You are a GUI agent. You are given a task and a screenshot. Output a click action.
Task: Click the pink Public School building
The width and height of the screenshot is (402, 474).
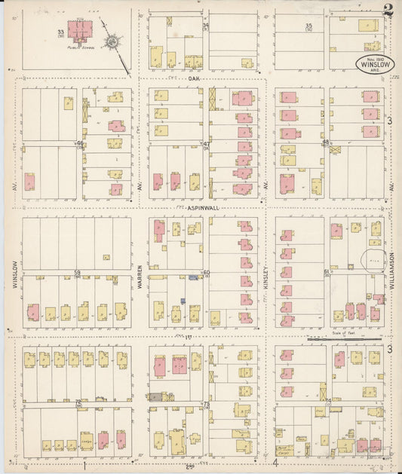coord(80,30)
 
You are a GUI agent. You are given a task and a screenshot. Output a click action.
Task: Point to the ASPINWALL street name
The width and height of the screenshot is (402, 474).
coord(200,206)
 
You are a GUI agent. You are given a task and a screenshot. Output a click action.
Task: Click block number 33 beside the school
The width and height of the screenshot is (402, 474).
coord(60,32)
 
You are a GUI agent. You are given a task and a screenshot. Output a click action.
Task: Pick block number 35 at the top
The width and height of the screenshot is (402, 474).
coord(308,27)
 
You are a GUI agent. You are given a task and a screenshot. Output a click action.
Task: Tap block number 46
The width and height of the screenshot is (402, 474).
coord(78,143)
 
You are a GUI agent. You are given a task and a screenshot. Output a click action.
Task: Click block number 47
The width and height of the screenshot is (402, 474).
coord(206,143)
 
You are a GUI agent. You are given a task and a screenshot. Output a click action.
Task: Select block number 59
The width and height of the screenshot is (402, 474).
coord(77,272)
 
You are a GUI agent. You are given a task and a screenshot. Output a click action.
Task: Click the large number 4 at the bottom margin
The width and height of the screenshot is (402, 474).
coord(276,462)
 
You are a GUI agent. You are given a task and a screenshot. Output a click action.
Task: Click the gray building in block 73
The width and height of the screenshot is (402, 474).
coord(155,396)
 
